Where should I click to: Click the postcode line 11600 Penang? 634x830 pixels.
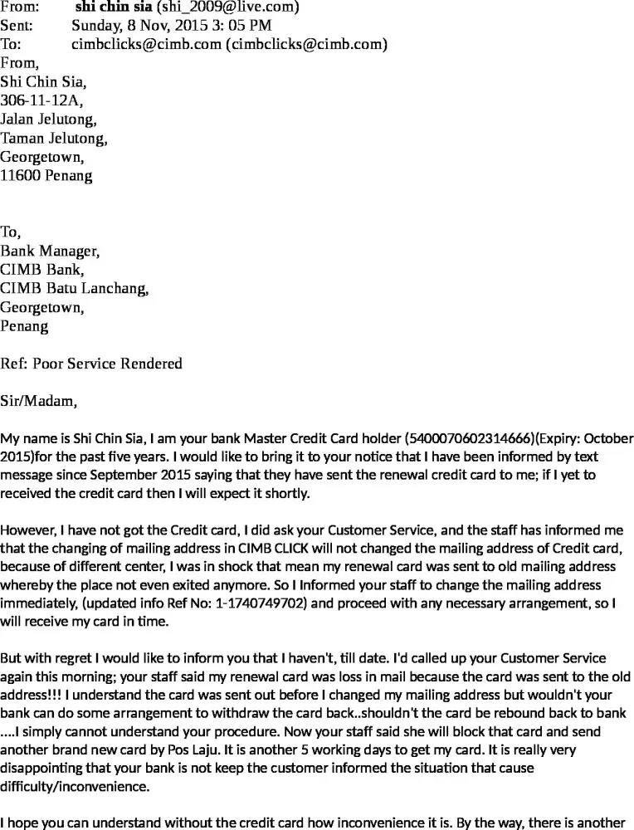46,175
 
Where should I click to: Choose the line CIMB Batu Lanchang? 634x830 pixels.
75,288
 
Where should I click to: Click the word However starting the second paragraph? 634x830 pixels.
30,530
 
